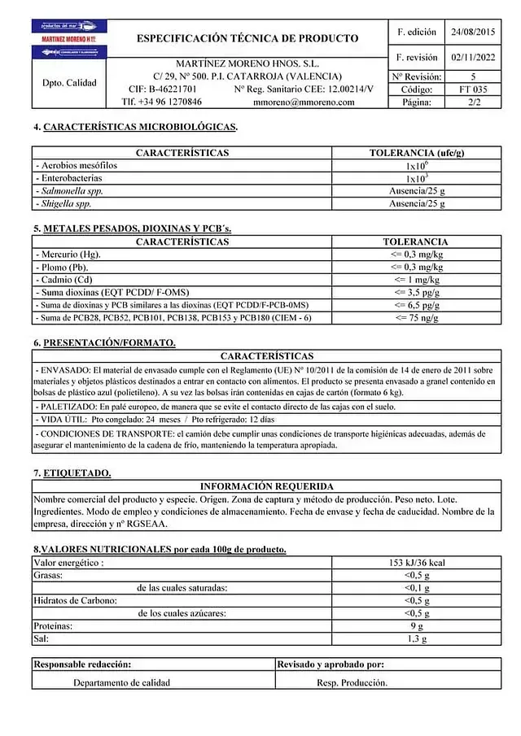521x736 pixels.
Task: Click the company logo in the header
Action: (x=69, y=39)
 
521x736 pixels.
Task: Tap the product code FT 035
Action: (x=473, y=89)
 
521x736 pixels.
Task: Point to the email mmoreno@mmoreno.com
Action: (x=304, y=102)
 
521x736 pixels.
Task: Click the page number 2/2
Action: (x=473, y=102)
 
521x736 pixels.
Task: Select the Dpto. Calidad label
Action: (x=69, y=82)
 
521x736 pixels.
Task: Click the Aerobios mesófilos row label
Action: (x=77, y=165)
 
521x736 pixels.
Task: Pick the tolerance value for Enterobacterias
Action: (x=417, y=177)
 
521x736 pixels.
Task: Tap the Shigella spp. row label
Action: (x=65, y=203)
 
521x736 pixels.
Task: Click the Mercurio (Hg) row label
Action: (x=69, y=255)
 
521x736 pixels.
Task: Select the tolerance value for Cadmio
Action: (x=417, y=280)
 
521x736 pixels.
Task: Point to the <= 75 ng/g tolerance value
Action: (x=417, y=318)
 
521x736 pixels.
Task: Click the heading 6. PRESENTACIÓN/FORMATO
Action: (x=104, y=342)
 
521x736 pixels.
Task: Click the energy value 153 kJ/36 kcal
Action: (x=417, y=562)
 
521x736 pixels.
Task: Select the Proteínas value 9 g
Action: (x=417, y=626)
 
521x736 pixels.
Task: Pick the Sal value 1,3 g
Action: (x=417, y=639)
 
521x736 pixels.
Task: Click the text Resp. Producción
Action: (x=352, y=683)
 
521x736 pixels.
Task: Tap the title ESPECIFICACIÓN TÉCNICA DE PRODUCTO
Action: (x=247, y=38)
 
